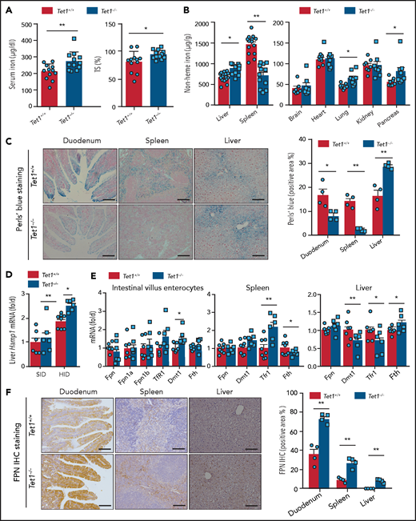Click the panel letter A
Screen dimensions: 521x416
(x=6, y=9)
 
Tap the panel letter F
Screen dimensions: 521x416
(x=6, y=395)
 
